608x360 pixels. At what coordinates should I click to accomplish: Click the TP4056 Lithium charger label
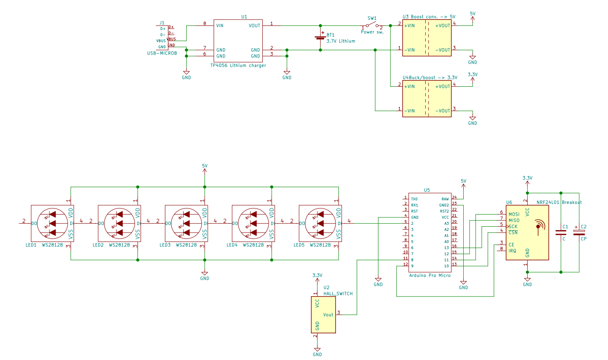tap(238, 66)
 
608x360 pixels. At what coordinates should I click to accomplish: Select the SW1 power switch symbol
tap(371, 25)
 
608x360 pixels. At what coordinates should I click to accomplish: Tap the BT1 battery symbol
tap(320, 38)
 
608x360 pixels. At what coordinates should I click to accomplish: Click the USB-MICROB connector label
tap(162, 53)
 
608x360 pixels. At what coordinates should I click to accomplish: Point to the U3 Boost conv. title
tap(429, 17)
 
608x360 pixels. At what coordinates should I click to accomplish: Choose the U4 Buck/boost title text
tap(429, 78)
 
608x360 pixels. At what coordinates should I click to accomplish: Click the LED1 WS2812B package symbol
tap(52, 223)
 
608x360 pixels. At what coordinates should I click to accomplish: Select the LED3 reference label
tap(165, 245)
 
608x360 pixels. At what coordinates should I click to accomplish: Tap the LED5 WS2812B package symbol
tap(320, 223)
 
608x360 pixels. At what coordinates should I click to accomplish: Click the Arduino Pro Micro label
tap(429, 275)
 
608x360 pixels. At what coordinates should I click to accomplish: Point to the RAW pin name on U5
tap(445, 199)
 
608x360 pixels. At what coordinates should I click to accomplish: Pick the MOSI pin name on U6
tap(514, 214)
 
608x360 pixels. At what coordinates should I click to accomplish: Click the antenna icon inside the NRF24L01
tap(539, 226)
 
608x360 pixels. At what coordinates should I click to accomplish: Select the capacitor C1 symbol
tap(561, 232)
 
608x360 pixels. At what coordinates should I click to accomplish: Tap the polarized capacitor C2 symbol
tap(579, 232)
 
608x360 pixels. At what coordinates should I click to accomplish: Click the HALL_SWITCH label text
tap(338, 294)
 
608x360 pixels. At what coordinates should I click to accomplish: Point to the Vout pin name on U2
tap(328, 315)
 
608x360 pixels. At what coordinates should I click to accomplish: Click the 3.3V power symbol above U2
tap(317, 278)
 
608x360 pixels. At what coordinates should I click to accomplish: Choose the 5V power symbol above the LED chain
tap(205, 168)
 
